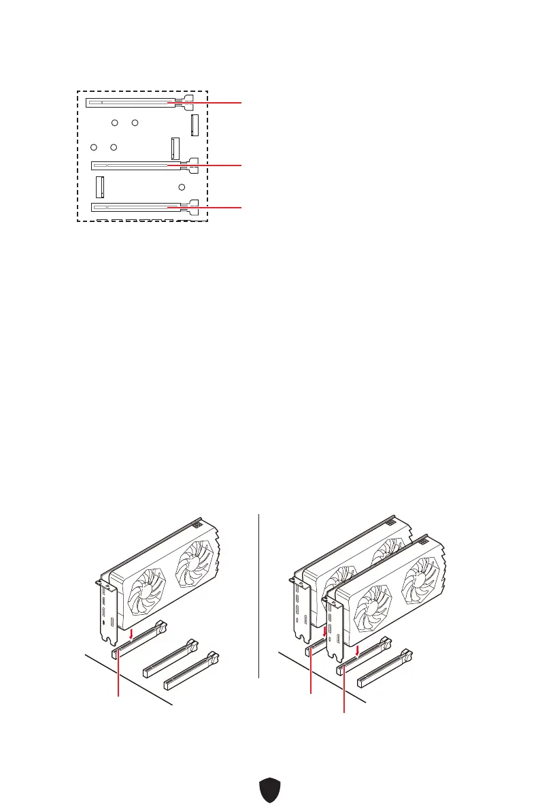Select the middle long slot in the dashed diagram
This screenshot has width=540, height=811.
tap(136, 165)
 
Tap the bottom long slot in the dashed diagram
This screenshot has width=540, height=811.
tap(136, 206)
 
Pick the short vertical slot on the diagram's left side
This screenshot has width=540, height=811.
tap(100, 187)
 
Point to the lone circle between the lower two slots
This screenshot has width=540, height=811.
tap(182, 187)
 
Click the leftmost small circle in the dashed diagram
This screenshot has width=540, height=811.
tap(95, 147)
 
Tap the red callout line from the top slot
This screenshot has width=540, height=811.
tap(211, 103)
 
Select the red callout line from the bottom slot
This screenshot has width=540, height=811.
tap(211, 206)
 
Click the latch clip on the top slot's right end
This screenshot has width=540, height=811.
tap(187, 101)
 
